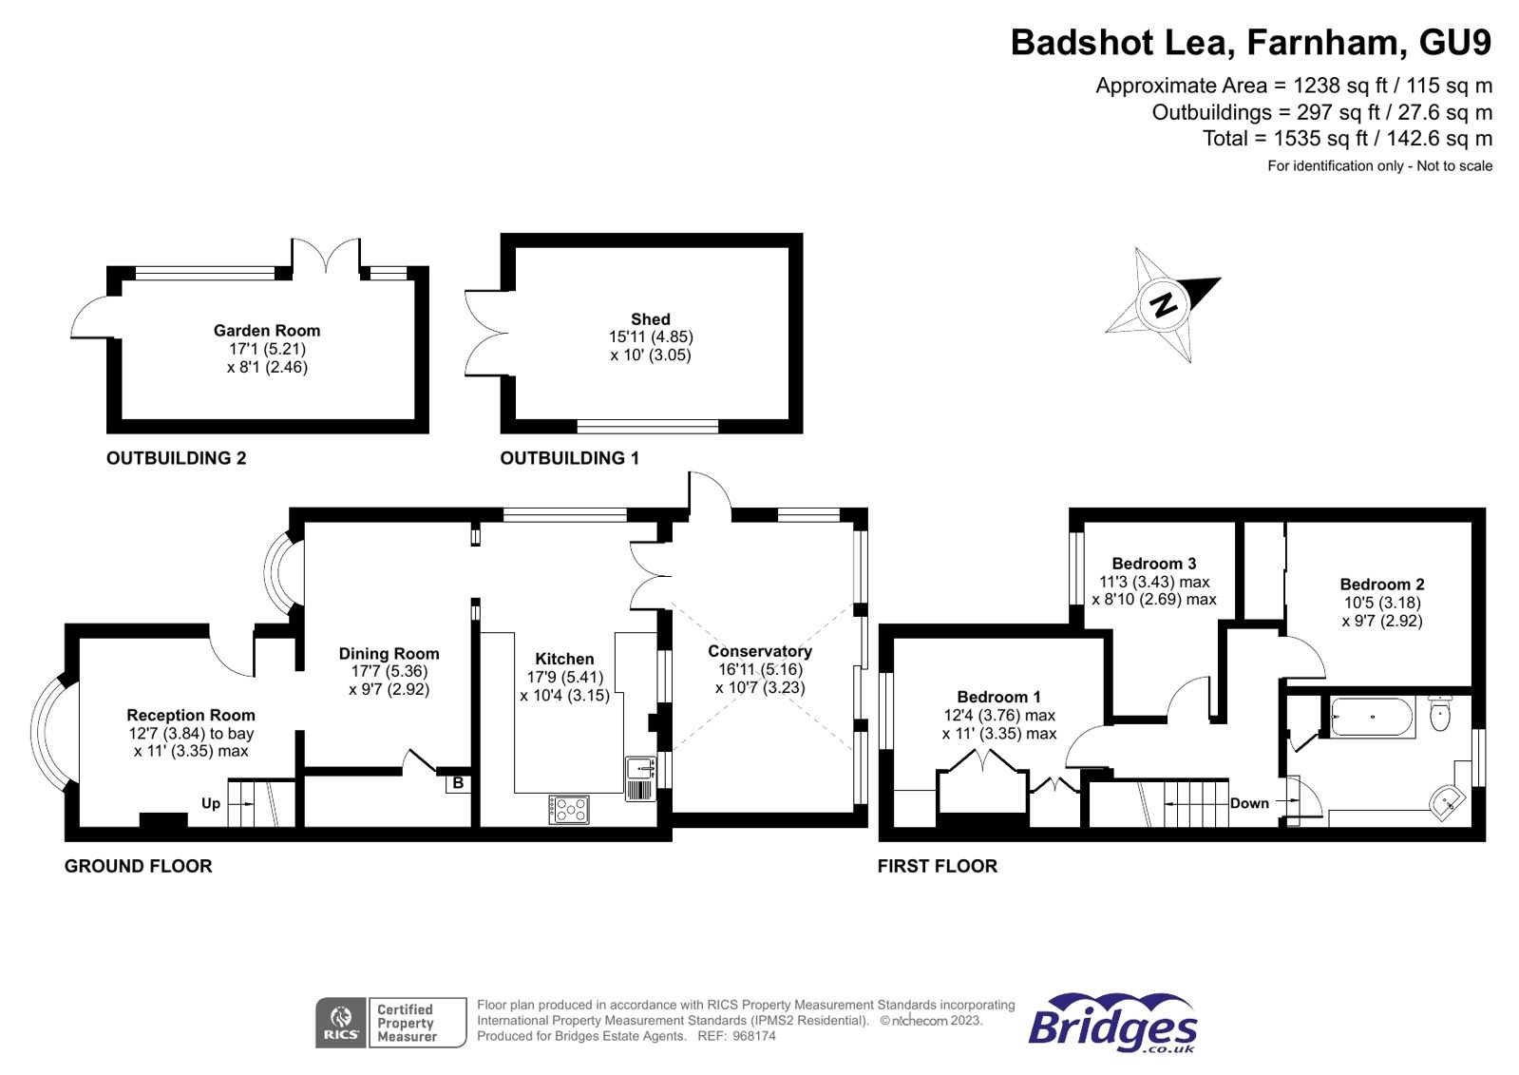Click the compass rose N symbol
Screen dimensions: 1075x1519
pos(1164,304)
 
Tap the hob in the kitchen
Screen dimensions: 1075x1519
pos(569,810)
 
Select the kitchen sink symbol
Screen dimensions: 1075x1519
pos(640,777)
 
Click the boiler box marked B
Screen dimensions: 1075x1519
pos(458,783)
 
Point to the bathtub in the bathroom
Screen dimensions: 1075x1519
pos(1373,718)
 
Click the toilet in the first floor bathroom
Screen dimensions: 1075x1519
pos(1440,712)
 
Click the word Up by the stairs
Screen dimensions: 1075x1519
pos(211,803)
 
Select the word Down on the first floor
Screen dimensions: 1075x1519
pos(1249,803)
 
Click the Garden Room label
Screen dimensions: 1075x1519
pos(267,331)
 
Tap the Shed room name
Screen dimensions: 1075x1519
pos(651,319)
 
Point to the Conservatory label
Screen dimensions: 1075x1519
pos(760,651)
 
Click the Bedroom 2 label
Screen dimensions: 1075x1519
pos(1382,585)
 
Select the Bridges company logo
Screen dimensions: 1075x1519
pos(1112,1023)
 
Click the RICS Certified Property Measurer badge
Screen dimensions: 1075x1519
pos(390,1023)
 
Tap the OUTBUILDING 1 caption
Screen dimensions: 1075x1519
pos(569,458)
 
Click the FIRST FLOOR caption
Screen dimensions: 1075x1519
pos(937,866)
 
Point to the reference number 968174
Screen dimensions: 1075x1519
pos(754,1036)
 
